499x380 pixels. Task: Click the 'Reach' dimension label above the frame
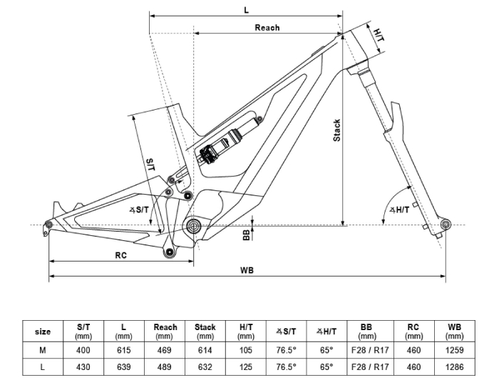[x=267, y=28]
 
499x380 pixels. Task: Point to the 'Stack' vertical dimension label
[x=336, y=130]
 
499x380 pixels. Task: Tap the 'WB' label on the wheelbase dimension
[x=247, y=270]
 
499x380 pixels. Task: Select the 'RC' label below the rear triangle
[x=121, y=255]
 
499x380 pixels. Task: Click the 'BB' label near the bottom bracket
[x=247, y=235]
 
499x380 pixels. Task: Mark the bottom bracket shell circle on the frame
[x=193, y=225]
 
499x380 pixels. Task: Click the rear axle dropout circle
[x=48, y=224]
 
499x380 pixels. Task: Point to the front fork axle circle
[x=446, y=225]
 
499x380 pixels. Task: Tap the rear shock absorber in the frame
[x=228, y=142]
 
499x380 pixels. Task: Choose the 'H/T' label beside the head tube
[x=379, y=36]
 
